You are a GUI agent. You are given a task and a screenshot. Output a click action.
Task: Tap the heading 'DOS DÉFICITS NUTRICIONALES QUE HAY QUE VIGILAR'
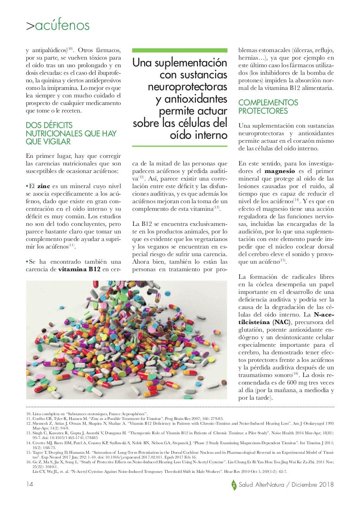point(71,133)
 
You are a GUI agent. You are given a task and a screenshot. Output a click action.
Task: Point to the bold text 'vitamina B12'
point(79,269)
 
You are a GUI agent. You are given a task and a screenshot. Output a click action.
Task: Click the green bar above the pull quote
point(180,51)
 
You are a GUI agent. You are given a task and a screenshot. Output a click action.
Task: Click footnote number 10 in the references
point(28,414)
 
